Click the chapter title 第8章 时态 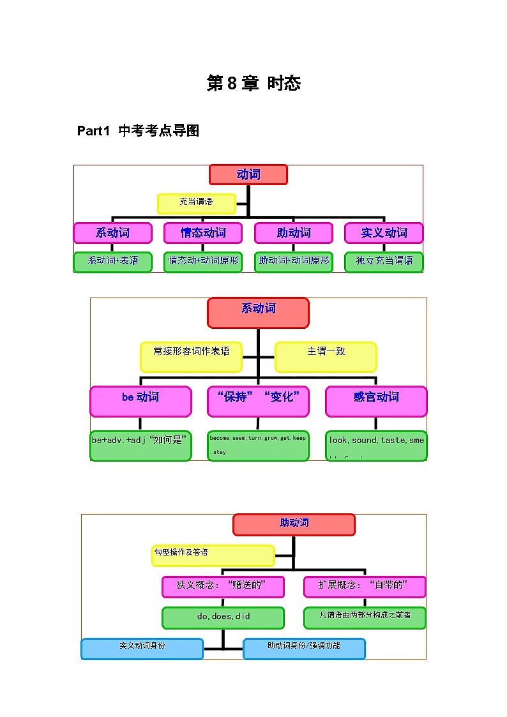click(x=253, y=83)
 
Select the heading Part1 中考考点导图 click(x=138, y=131)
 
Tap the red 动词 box click(x=248, y=175)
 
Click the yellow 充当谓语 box click(x=197, y=203)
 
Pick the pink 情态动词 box click(x=203, y=233)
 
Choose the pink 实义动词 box click(x=384, y=233)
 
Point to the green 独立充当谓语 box click(x=384, y=262)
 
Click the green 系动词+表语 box click(x=112, y=262)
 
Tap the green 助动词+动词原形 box click(x=294, y=262)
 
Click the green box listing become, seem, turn click(x=258, y=445)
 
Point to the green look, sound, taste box click(x=376, y=445)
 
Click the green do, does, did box click(x=223, y=617)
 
